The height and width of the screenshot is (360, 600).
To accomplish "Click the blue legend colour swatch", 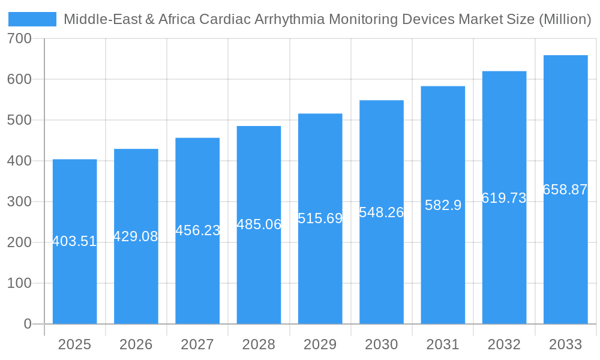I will [32, 19].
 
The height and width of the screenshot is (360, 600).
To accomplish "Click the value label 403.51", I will [74, 241].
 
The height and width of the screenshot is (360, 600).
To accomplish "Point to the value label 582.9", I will [443, 205].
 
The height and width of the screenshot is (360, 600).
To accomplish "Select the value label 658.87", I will [565, 190].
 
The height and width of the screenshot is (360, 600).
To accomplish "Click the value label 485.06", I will [259, 224].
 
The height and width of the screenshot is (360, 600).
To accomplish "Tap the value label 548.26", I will [382, 212].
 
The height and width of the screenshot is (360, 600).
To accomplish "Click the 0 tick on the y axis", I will [27, 324].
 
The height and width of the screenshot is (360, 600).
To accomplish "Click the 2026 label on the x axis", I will [136, 344].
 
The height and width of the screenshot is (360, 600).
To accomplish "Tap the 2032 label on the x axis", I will [504, 344].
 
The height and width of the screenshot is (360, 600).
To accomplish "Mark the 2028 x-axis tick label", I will [259, 344].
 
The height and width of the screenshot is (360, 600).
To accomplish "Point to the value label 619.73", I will [504, 198].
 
